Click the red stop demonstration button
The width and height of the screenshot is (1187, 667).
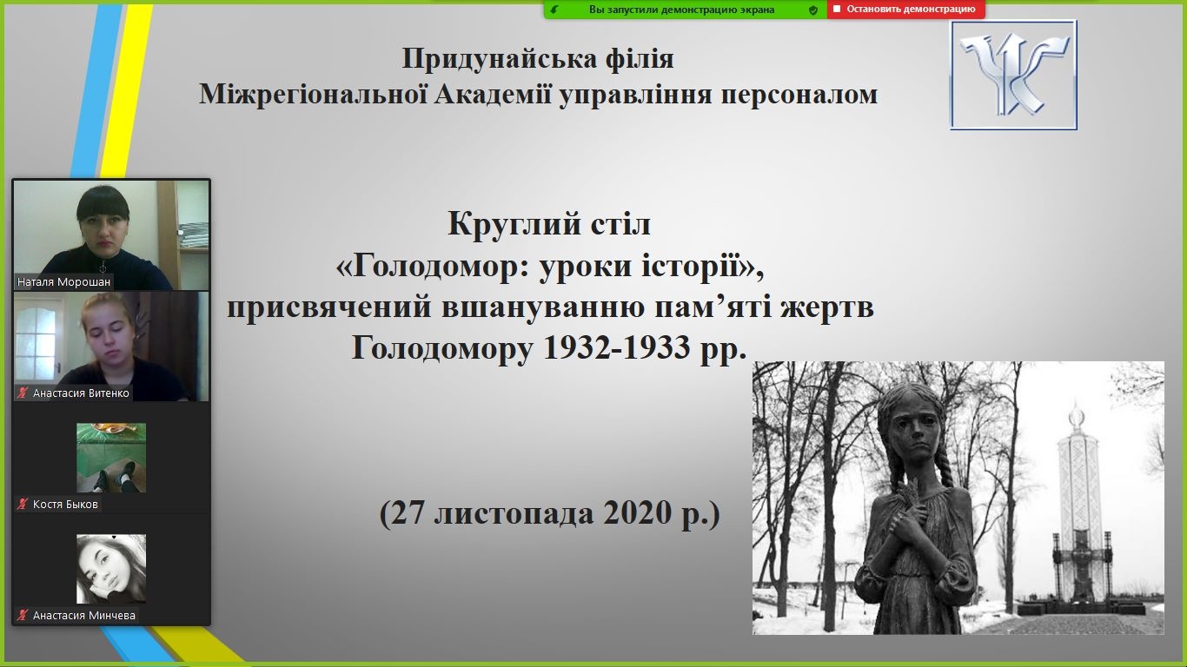905,9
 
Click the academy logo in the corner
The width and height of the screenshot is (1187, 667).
1013,75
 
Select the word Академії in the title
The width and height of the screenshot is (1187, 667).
492,95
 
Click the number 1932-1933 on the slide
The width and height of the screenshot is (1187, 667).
617,347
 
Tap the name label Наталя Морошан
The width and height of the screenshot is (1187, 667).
63,282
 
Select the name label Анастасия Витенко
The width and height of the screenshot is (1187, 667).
81,393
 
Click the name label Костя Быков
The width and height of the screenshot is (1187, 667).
65,505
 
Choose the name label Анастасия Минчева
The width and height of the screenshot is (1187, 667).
83,616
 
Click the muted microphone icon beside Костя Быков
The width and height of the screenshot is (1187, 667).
22,504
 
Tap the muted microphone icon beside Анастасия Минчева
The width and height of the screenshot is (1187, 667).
22,615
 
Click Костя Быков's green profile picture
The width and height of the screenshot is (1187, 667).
110,458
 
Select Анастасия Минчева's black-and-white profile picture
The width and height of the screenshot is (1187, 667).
110,569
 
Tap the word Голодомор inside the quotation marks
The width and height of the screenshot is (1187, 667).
441,266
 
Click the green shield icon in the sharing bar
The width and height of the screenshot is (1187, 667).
812,10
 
